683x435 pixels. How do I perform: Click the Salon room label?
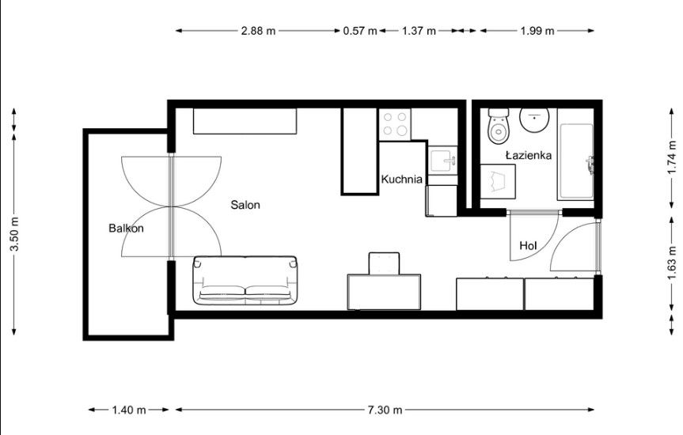coord(245,205)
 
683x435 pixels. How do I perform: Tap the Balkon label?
coord(126,229)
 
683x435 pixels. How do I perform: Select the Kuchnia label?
coord(401,180)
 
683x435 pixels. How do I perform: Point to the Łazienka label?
coord(529,156)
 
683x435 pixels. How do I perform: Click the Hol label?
coord(528,246)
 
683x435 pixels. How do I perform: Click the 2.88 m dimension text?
coord(258,31)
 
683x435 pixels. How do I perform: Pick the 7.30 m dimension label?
coord(385,410)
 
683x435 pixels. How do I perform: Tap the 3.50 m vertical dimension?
coord(13,235)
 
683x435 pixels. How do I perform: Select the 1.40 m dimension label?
coord(129,410)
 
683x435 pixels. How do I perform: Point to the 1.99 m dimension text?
coord(537,31)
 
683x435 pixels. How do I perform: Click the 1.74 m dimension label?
coord(671,157)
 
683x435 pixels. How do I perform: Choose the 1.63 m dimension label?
coord(671,259)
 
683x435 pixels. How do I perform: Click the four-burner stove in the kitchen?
coord(395,123)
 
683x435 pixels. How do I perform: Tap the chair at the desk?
coord(385,263)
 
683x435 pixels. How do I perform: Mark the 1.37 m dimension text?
coord(419,31)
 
